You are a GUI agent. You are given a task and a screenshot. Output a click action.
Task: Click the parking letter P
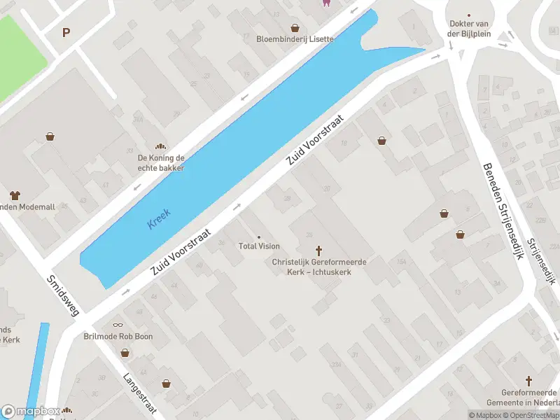pyautogui.click(x=66, y=32)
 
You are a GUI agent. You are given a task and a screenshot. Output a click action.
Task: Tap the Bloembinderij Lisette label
pyautogui.click(x=295, y=39)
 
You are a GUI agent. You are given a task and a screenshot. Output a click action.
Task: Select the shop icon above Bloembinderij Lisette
pyautogui.click(x=295, y=28)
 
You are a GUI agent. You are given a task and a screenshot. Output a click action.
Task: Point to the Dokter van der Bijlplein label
pyautogui.click(x=469, y=28)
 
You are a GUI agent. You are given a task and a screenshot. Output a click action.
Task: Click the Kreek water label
pyautogui.click(x=159, y=218)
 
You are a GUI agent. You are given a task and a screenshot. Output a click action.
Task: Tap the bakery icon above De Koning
pyautogui.click(x=161, y=147)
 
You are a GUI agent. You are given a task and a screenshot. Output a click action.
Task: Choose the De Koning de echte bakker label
pyautogui.click(x=161, y=163)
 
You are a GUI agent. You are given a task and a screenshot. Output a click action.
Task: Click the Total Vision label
pyautogui.click(x=259, y=246)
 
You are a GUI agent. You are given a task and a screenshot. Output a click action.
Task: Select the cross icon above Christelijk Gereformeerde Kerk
pyautogui.click(x=319, y=250)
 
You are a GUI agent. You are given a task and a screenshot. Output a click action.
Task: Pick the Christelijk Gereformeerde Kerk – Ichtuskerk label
pyautogui.click(x=319, y=267)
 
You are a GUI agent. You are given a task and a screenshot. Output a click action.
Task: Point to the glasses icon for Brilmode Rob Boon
pyautogui.click(x=117, y=325)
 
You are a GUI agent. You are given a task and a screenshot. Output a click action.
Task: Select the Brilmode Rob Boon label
pyautogui.click(x=118, y=337)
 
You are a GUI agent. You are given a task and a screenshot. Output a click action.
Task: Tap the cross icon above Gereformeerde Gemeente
pyautogui.click(x=529, y=381)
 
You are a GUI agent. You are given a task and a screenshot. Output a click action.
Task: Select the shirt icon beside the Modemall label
pyautogui.click(x=14, y=195)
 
